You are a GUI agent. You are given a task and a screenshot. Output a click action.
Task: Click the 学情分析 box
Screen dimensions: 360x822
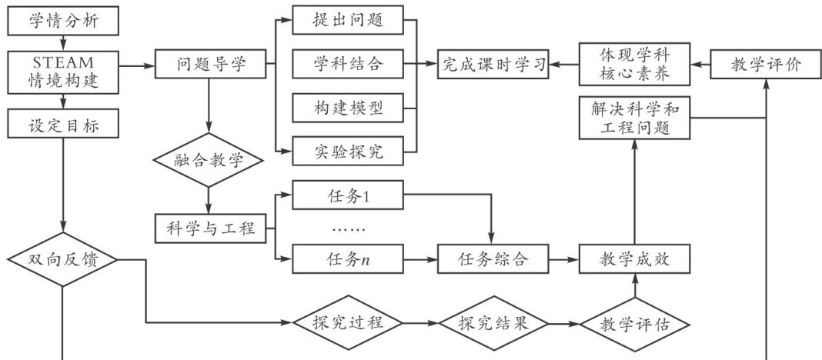click(63, 20)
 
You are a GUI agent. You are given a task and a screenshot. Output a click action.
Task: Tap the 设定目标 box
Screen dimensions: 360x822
click(63, 122)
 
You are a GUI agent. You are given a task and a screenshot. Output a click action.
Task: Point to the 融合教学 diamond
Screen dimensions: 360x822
click(209, 161)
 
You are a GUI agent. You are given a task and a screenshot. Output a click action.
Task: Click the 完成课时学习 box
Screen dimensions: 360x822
click(493, 65)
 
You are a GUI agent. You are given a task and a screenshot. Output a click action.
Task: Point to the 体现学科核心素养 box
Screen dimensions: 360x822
click(634, 65)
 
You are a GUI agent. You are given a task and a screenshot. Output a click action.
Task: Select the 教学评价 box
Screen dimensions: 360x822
click(765, 65)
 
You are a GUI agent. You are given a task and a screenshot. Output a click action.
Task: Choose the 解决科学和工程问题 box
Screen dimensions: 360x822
click(634, 118)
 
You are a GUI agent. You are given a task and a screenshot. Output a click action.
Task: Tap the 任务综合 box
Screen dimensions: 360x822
click(493, 259)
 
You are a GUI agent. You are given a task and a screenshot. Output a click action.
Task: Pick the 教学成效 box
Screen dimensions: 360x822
click(634, 259)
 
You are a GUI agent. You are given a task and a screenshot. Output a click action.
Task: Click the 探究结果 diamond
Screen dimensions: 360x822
click(493, 323)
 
